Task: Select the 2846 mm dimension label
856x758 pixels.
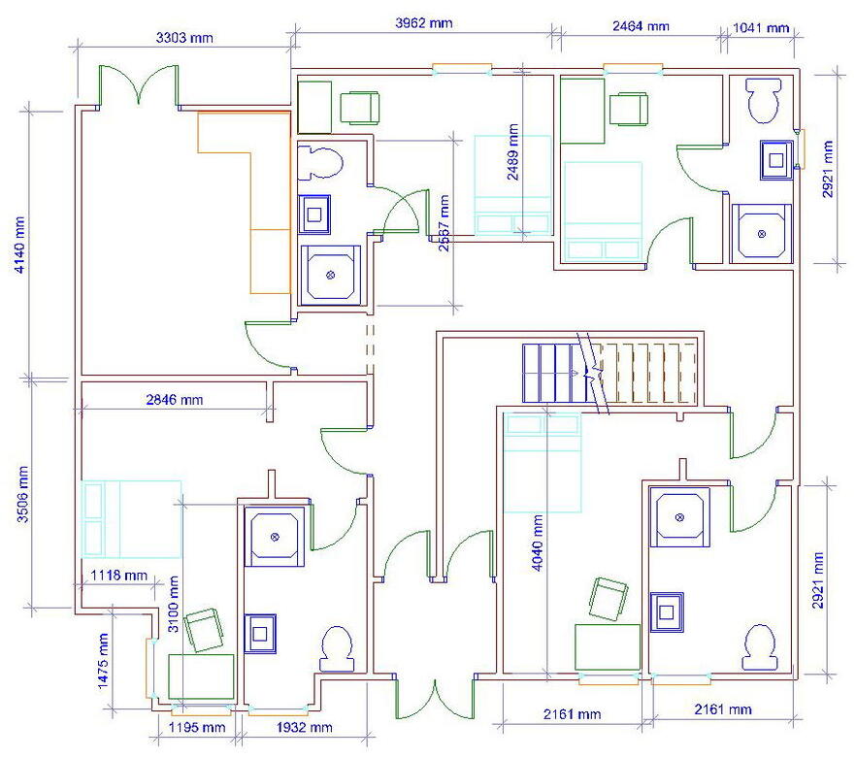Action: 174,399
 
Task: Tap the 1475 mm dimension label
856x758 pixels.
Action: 103,660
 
